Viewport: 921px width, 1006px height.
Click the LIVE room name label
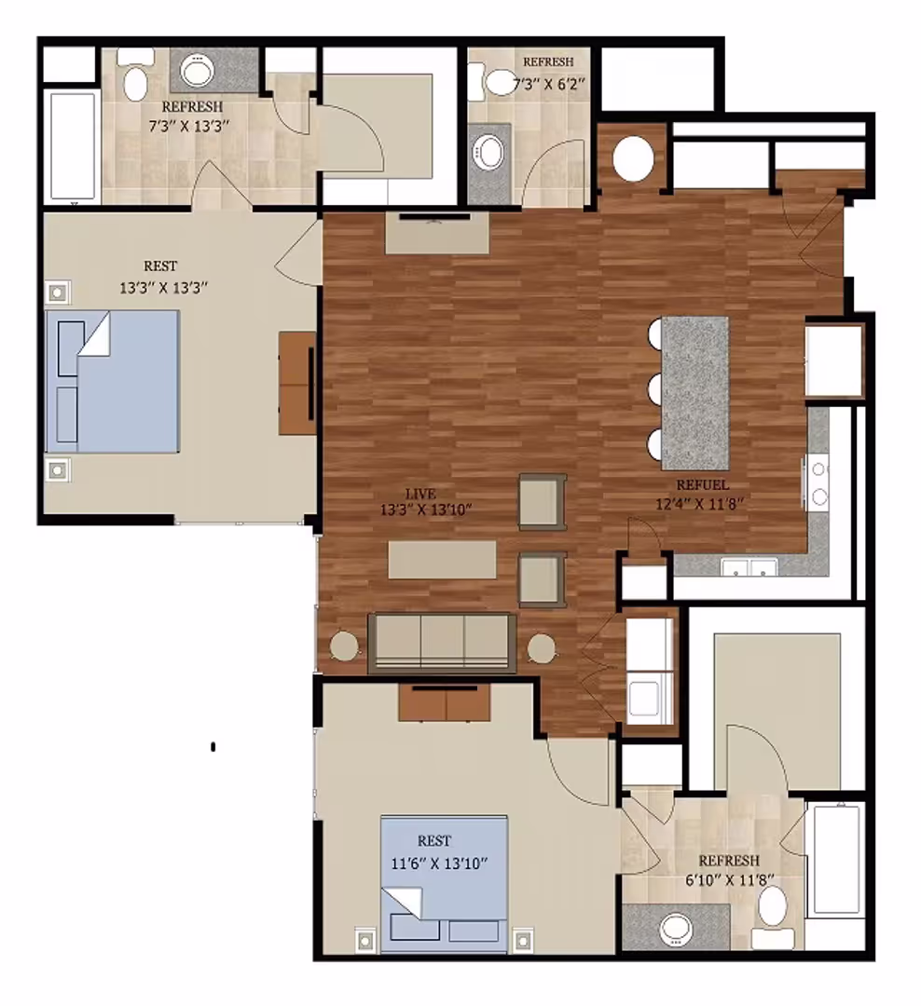420,493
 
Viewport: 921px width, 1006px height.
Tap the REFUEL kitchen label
703,485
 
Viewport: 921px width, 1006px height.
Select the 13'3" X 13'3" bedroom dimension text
162,288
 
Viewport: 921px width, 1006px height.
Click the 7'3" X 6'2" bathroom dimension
548,84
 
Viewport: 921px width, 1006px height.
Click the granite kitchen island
694,392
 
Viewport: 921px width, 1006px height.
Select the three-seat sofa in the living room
442,642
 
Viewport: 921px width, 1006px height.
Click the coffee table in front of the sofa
442,560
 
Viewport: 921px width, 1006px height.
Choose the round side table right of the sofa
542,647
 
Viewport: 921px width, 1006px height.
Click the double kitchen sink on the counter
749,566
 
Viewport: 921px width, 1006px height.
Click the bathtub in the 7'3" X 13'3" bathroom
72,146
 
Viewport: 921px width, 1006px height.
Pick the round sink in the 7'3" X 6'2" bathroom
488,149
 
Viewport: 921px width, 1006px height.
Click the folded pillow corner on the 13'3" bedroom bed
95,333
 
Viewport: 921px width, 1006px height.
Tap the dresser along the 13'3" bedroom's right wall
296,383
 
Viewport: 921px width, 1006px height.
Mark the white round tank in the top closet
633,158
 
